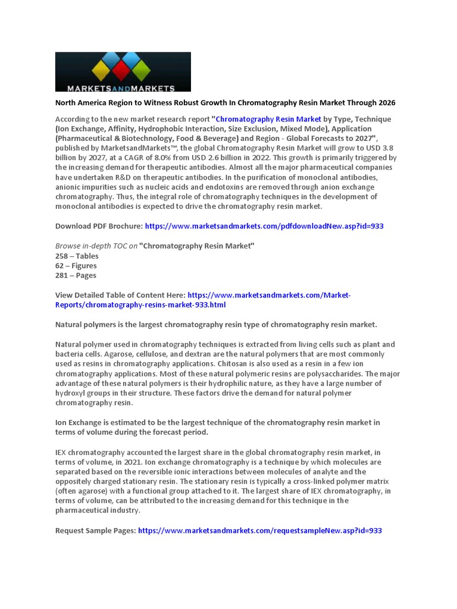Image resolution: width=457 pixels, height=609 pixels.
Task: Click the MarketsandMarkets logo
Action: [x=123, y=71]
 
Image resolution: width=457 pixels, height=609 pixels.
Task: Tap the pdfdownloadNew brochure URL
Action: [x=264, y=226]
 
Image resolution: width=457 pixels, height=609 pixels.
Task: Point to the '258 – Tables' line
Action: [x=77, y=256]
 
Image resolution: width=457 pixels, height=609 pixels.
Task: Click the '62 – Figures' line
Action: [x=76, y=266]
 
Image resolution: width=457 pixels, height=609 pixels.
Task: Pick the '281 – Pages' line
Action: [x=76, y=275]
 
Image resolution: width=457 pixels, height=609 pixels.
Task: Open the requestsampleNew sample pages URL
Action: [x=259, y=530]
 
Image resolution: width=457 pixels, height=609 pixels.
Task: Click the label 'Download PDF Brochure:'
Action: [x=99, y=226]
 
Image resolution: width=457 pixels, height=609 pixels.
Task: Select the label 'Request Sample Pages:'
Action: [x=95, y=530]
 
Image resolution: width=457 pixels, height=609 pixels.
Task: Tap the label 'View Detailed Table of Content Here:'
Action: [x=120, y=295]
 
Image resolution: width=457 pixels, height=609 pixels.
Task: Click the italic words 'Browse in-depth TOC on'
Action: [x=96, y=246]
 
